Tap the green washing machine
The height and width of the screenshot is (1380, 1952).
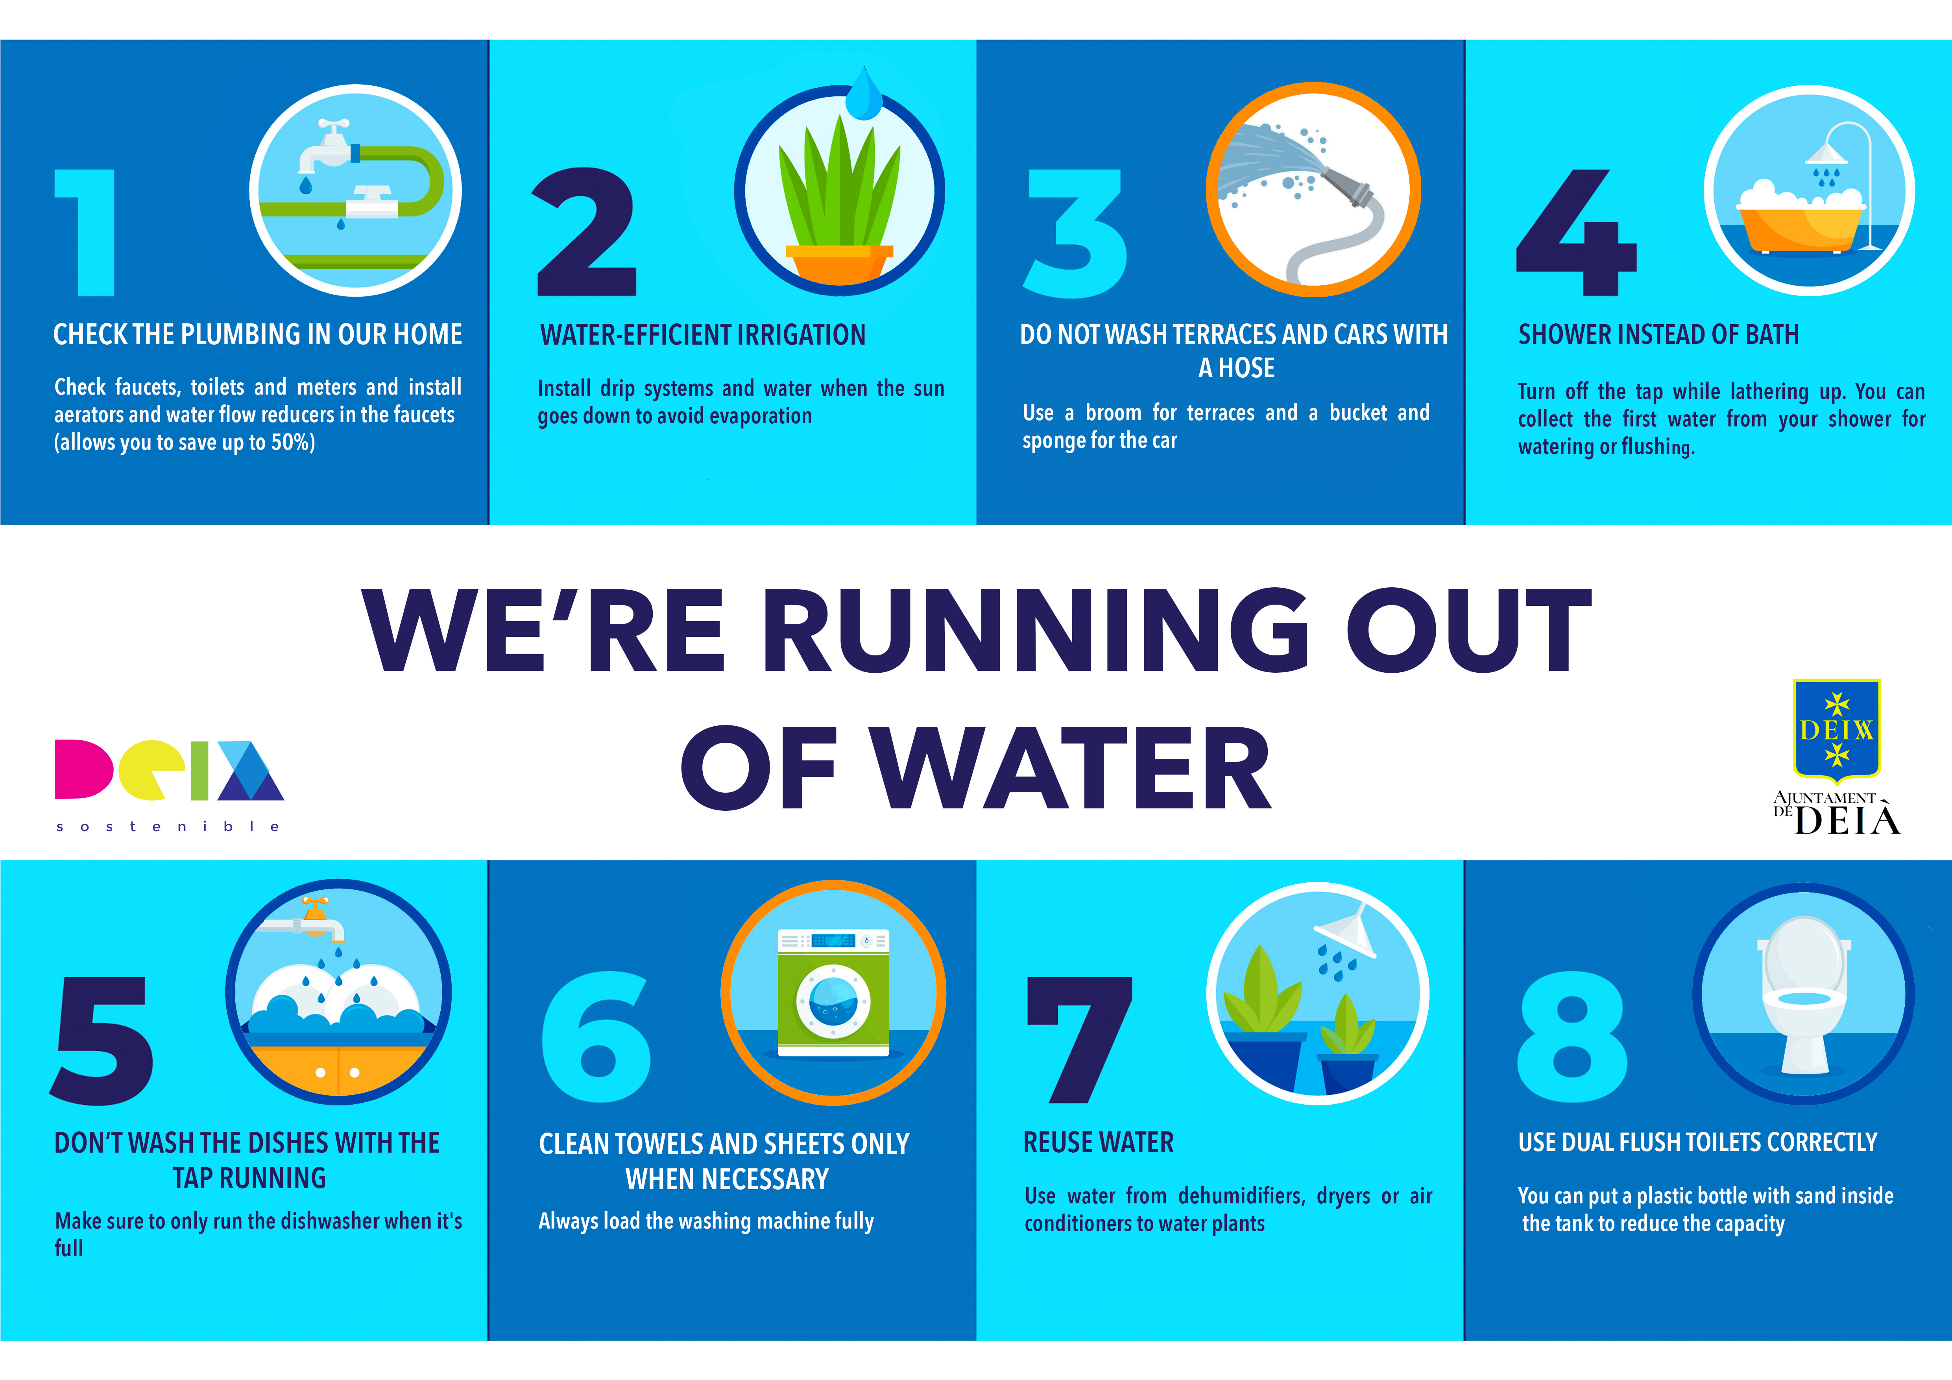[833, 993]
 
